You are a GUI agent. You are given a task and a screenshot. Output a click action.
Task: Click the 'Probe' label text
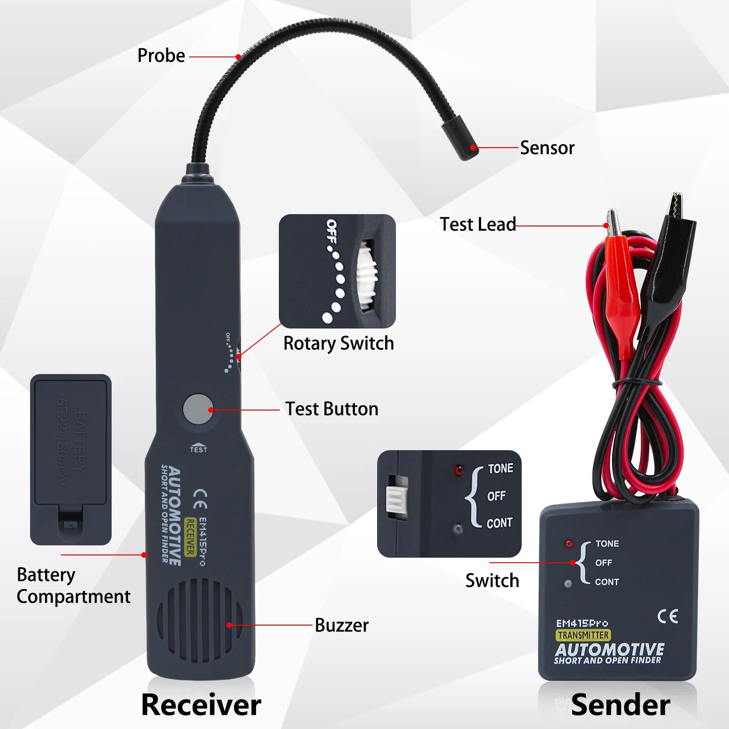point(161,56)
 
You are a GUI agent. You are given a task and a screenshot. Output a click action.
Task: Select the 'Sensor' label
point(547,148)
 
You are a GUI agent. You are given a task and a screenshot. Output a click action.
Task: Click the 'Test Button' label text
point(332,409)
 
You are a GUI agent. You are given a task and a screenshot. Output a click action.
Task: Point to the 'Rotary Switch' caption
point(339,344)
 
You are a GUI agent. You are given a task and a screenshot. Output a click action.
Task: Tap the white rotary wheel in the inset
point(366,276)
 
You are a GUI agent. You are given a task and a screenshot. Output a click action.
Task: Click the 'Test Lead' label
point(477,225)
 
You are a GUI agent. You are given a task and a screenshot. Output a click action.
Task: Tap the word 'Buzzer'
point(342,626)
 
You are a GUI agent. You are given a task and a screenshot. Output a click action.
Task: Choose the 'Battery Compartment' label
point(73,586)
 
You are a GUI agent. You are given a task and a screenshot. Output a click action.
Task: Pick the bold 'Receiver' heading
point(201,705)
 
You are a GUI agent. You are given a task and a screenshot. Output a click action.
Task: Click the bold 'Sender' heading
point(621,705)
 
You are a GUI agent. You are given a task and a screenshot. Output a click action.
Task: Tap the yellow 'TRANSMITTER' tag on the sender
point(583,635)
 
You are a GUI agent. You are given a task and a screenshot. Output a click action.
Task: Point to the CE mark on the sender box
point(667,616)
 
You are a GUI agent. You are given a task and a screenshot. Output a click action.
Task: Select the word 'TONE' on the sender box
point(607,544)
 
